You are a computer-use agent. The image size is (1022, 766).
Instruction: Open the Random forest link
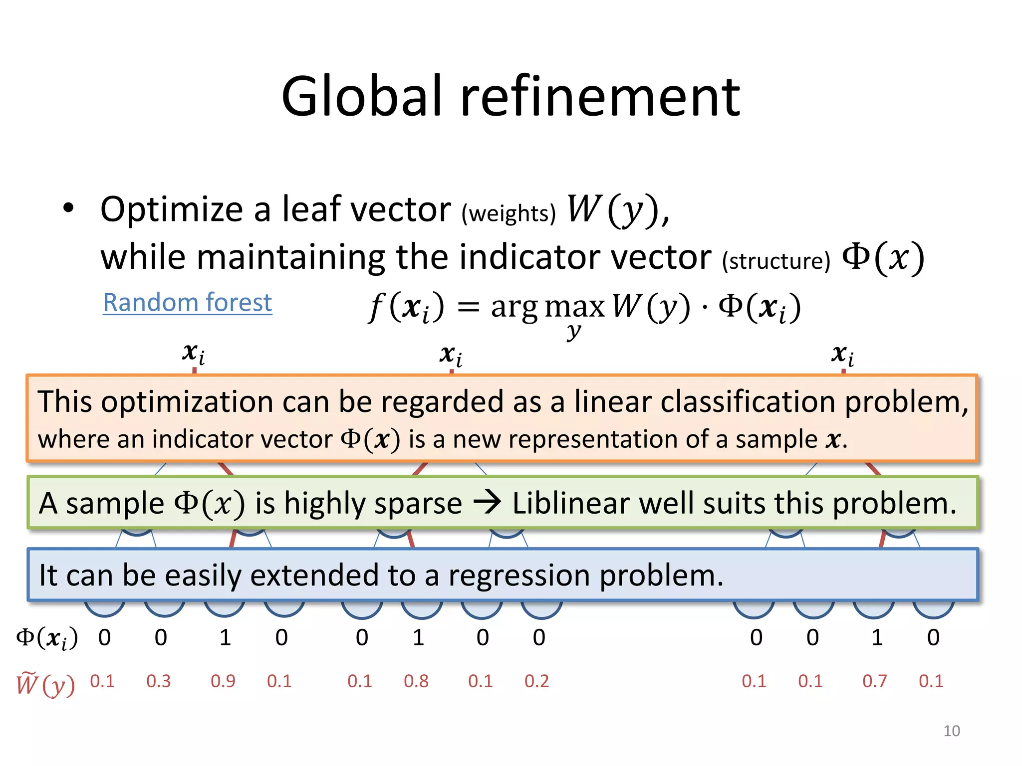click(x=187, y=303)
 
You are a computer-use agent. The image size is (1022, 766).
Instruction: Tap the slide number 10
click(x=951, y=731)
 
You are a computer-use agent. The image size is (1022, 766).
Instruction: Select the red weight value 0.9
click(x=223, y=681)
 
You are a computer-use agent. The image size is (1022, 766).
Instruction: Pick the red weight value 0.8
click(x=416, y=681)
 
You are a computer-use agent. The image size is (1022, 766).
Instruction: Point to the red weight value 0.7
click(x=874, y=681)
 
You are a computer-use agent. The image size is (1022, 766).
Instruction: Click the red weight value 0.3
click(x=158, y=681)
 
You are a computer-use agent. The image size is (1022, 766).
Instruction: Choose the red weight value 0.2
click(x=536, y=681)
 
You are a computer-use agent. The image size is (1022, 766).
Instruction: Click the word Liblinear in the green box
click(x=570, y=503)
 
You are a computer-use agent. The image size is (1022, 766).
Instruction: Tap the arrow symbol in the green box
click(x=487, y=503)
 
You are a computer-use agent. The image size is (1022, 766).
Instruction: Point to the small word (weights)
click(x=508, y=213)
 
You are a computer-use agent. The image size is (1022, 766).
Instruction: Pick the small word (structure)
click(x=776, y=261)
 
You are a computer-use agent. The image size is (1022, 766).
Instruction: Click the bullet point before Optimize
click(x=68, y=208)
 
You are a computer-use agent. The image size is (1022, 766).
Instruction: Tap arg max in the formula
click(x=547, y=306)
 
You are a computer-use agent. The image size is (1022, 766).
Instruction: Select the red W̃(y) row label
click(x=45, y=684)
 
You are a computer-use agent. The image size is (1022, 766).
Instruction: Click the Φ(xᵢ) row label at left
click(x=47, y=638)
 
